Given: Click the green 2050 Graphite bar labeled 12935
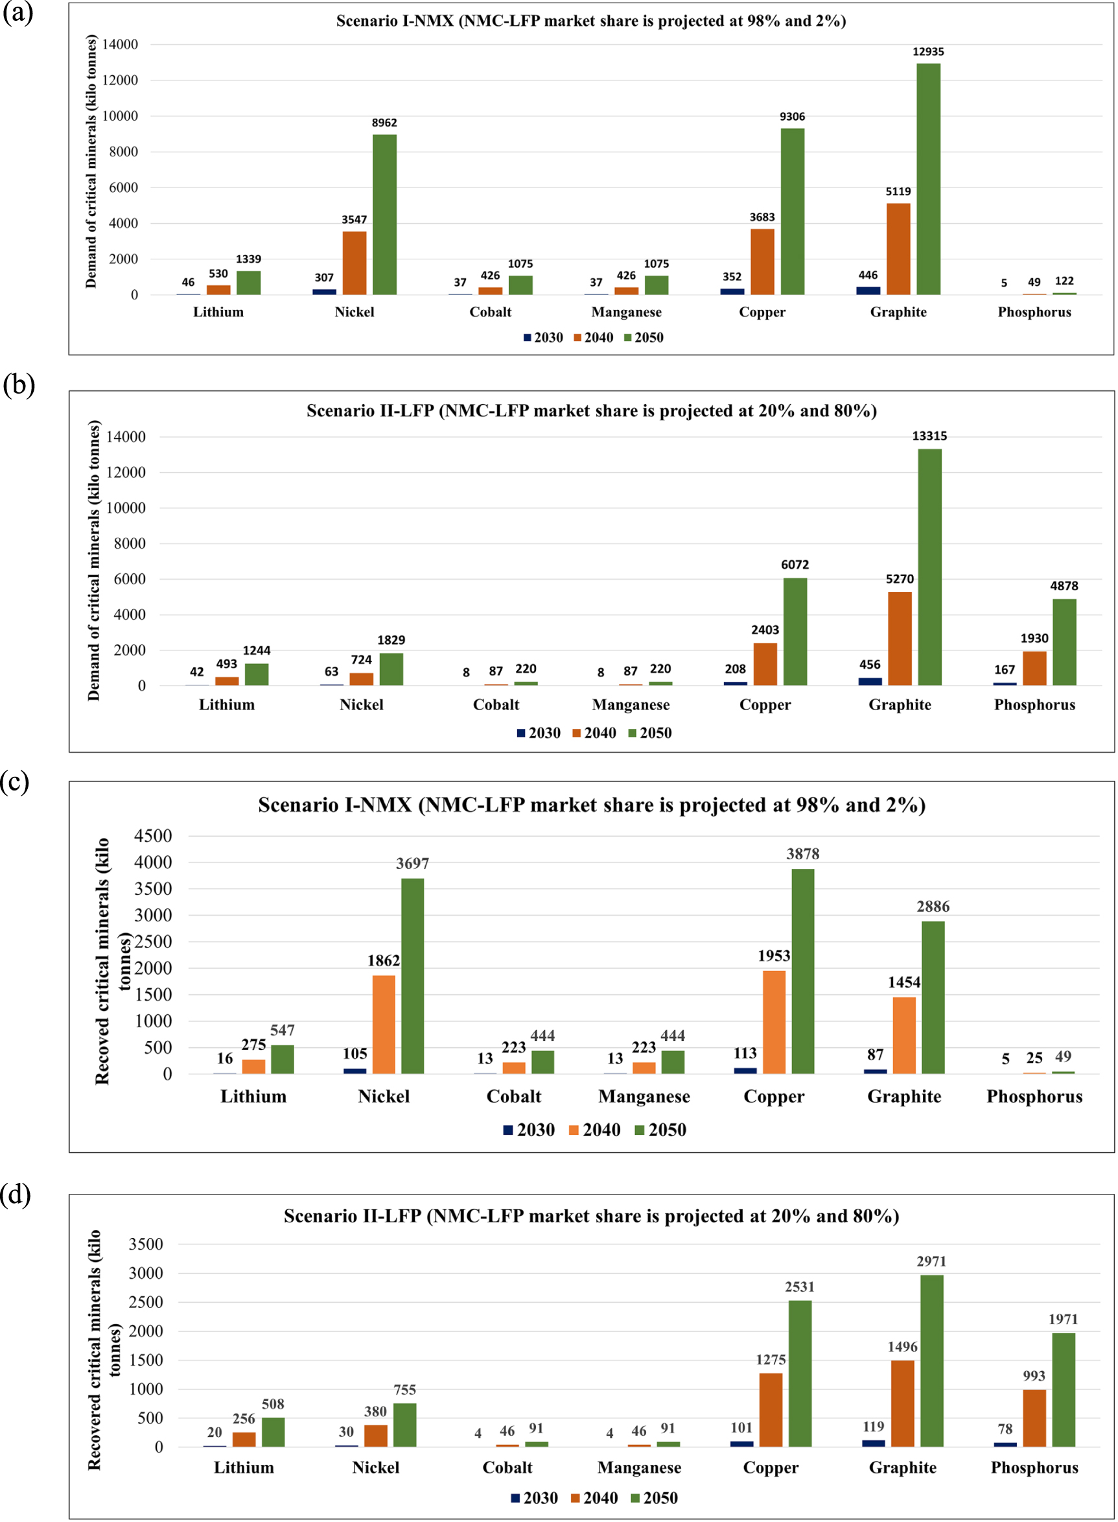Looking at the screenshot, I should coord(928,179).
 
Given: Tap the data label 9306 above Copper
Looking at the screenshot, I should coord(792,117).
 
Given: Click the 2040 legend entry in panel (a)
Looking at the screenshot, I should coord(594,337).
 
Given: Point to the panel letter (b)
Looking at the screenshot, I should coord(18,385).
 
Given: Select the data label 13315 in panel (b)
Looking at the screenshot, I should coord(929,436).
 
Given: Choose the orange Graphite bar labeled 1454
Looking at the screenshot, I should coord(903,1035).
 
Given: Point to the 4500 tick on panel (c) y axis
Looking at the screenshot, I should coord(153,835).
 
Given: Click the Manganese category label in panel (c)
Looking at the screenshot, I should coord(644,1096).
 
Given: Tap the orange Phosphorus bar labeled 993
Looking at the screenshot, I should coord(1034,1418).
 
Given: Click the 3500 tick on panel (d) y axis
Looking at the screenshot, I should coord(146,1244).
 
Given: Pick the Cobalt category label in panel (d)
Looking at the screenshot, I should coord(507,1467).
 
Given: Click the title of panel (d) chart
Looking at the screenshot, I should coord(591,1216).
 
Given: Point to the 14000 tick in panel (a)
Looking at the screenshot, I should coord(120,45).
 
